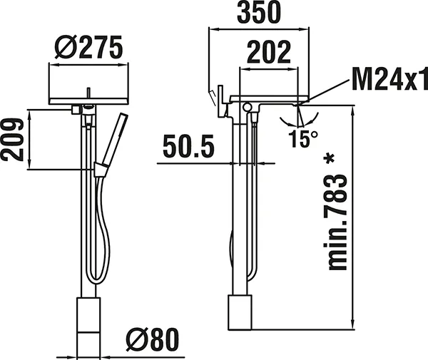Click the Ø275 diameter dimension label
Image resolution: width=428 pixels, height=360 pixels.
point(88,48)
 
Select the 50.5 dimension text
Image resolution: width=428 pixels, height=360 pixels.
point(188,148)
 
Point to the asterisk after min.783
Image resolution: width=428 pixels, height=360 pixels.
point(330,158)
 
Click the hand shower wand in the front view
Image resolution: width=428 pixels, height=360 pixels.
point(111,138)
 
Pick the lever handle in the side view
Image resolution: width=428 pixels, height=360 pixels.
point(213,97)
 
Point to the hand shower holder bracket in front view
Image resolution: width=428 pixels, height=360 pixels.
point(101,168)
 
